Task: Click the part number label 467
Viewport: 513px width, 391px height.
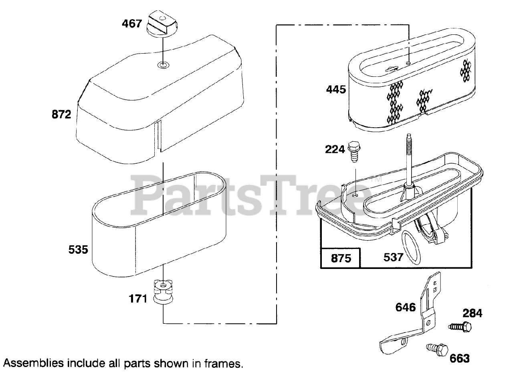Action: click(x=132, y=24)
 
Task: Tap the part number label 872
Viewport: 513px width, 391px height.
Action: click(x=61, y=114)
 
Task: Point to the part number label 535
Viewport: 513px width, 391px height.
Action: click(x=78, y=250)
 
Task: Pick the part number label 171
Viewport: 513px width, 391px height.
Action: click(x=138, y=299)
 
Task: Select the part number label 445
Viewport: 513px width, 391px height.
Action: click(x=336, y=89)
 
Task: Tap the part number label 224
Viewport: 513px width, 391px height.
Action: click(x=335, y=149)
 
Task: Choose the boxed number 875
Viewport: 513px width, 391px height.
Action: click(x=341, y=258)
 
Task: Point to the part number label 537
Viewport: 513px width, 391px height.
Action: click(x=393, y=257)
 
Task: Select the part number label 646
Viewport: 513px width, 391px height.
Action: click(x=406, y=307)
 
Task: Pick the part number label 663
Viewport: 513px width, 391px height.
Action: click(x=459, y=358)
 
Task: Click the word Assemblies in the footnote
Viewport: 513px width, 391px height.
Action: click(x=34, y=363)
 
